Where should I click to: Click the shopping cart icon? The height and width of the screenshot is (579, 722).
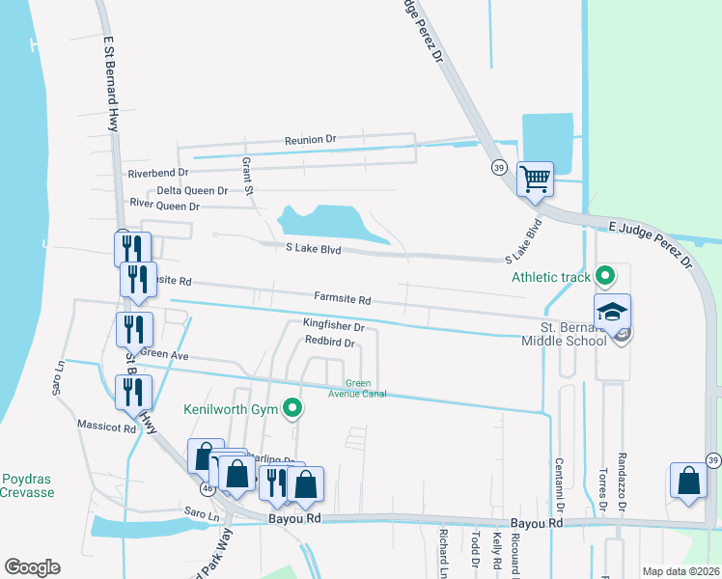click(x=535, y=179)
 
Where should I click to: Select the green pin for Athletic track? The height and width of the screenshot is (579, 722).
click(x=605, y=277)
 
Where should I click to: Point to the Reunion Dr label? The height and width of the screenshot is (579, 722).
click(x=310, y=140)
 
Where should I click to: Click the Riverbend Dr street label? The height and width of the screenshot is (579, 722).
click(x=157, y=173)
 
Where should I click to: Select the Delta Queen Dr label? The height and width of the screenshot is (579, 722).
click(x=192, y=190)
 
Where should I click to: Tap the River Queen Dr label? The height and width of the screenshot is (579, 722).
click(x=164, y=207)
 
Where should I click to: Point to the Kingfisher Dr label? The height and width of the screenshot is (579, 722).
click(x=333, y=326)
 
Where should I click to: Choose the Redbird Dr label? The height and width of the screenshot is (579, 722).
click(x=330, y=343)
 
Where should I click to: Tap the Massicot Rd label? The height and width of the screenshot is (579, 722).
click(x=107, y=426)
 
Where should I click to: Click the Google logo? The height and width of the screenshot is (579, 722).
click(x=32, y=567)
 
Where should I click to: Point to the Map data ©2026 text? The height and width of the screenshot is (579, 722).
click(x=680, y=571)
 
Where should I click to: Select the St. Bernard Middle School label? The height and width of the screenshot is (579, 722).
click(x=566, y=333)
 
